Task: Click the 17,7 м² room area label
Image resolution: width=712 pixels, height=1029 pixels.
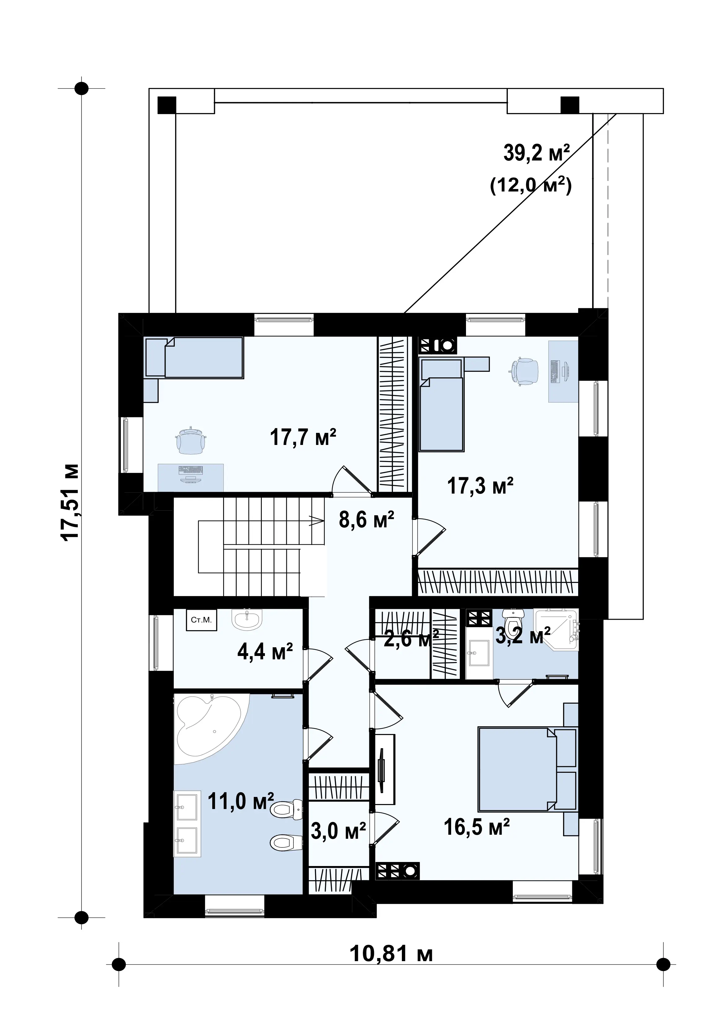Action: [x=303, y=437]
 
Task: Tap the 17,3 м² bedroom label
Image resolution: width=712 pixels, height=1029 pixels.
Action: [x=480, y=486]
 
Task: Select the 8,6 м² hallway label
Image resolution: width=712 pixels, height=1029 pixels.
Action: [x=366, y=520]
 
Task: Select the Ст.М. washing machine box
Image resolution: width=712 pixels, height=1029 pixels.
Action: [x=201, y=620]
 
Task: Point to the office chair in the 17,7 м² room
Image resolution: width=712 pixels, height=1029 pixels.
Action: [x=191, y=440]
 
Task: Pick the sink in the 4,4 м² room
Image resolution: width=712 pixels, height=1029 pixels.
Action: [x=247, y=620]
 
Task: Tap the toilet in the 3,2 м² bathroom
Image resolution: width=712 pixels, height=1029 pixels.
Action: [x=513, y=620]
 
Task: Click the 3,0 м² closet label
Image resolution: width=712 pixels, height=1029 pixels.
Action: [x=338, y=831]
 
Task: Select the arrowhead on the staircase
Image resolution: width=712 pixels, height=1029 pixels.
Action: [x=316, y=521]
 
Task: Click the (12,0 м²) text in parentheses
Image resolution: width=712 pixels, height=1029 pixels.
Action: [x=530, y=185]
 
